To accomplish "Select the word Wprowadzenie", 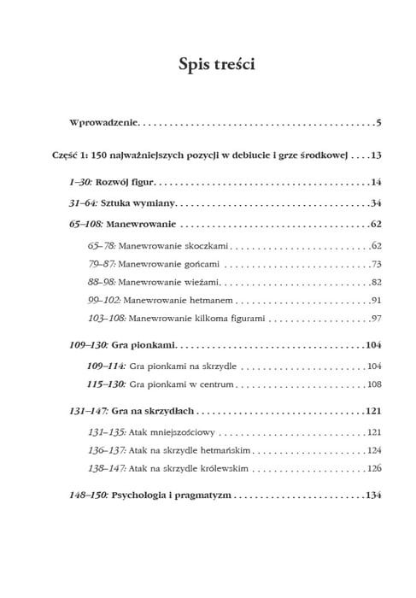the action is coord(103,124).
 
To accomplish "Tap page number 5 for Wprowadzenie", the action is coord(377,124).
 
